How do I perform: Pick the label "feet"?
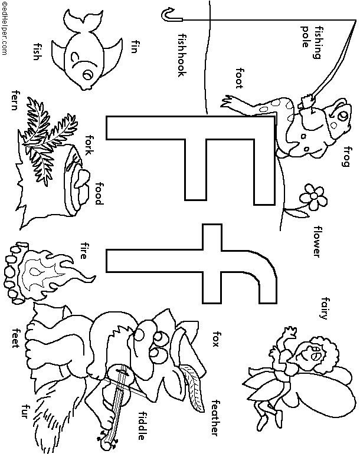click(16, 337)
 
